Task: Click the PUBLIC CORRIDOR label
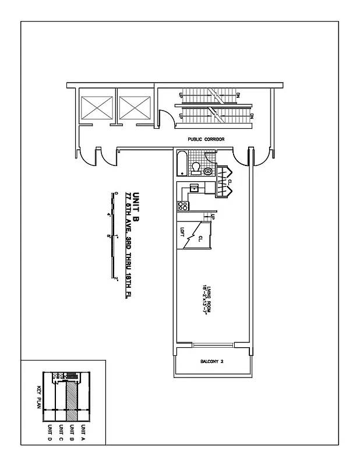pyautogui.click(x=206, y=139)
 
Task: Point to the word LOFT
pyautogui.click(x=182, y=231)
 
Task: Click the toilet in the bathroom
pyautogui.click(x=196, y=168)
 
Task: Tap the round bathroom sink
pyautogui.click(x=208, y=171)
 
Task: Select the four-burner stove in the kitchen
pyautogui.click(x=182, y=206)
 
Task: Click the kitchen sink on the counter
pyautogui.click(x=194, y=188)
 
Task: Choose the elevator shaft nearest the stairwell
pyautogui.click(x=134, y=108)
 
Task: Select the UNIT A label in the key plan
pyautogui.click(x=83, y=434)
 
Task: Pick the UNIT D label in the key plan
pyautogui.click(x=50, y=434)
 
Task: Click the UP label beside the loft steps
pyautogui.click(x=213, y=217)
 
